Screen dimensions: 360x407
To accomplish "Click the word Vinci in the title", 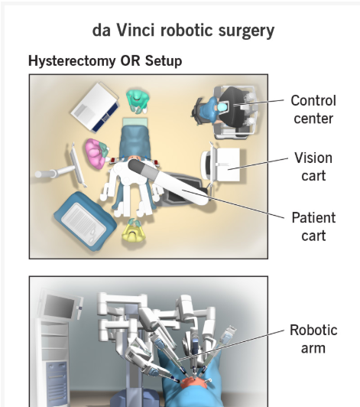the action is coord(135,30).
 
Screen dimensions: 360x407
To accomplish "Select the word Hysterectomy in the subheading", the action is coord(72,60).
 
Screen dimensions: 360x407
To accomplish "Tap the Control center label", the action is coord(313,109).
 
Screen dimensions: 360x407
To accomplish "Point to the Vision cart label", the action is coord(313,167).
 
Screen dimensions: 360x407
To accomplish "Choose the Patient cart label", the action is coord(313,226).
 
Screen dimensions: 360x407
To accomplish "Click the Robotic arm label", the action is coord(313,339).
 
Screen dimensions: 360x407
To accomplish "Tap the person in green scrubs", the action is coord(138,101).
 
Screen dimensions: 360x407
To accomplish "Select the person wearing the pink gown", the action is coord(96,154).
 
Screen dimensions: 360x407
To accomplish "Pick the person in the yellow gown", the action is coord(134,231).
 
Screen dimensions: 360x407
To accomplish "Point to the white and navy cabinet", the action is coord(96,106).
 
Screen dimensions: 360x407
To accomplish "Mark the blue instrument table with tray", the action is coord(85,221).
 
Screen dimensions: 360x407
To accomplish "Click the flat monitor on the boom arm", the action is coord(77,165).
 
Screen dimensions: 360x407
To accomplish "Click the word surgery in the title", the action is coord(246,31).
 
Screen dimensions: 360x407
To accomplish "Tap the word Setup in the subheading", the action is coord(164,60).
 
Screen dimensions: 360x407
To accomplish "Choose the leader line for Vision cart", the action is coord(258,164).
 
